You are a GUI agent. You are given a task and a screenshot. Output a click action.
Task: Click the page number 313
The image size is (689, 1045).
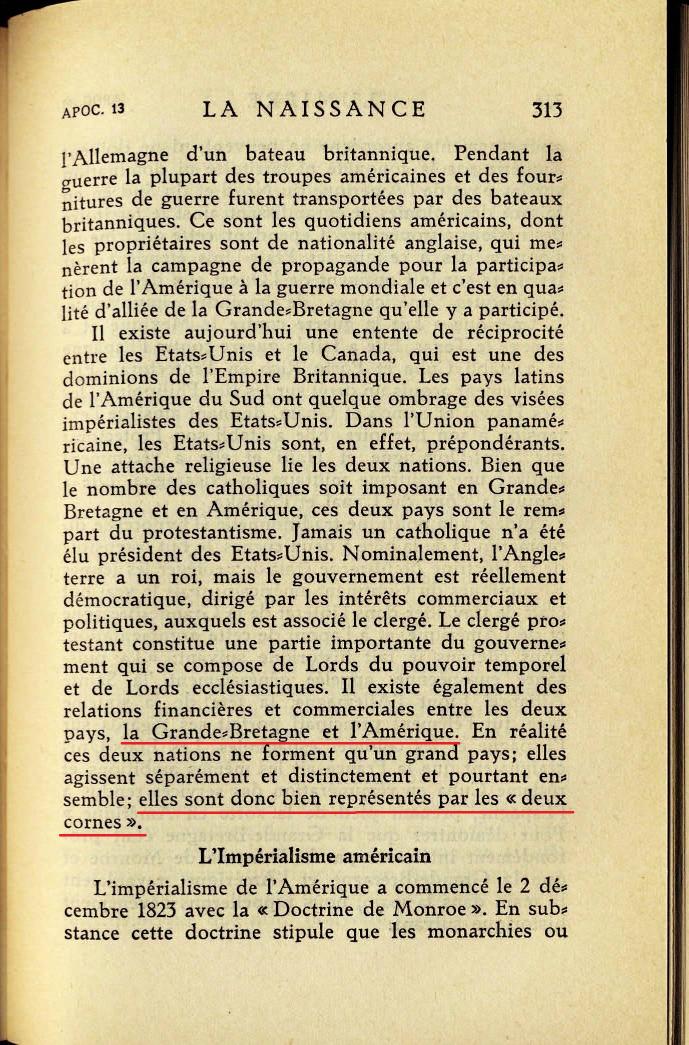tap(547, 109)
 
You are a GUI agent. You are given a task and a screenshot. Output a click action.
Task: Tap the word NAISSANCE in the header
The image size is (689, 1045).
tap(340, 109)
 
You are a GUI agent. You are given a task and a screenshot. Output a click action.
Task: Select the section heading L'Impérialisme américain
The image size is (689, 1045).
tap(314, 855)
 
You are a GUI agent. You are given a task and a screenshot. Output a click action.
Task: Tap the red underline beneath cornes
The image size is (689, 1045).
tap(103, 833)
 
